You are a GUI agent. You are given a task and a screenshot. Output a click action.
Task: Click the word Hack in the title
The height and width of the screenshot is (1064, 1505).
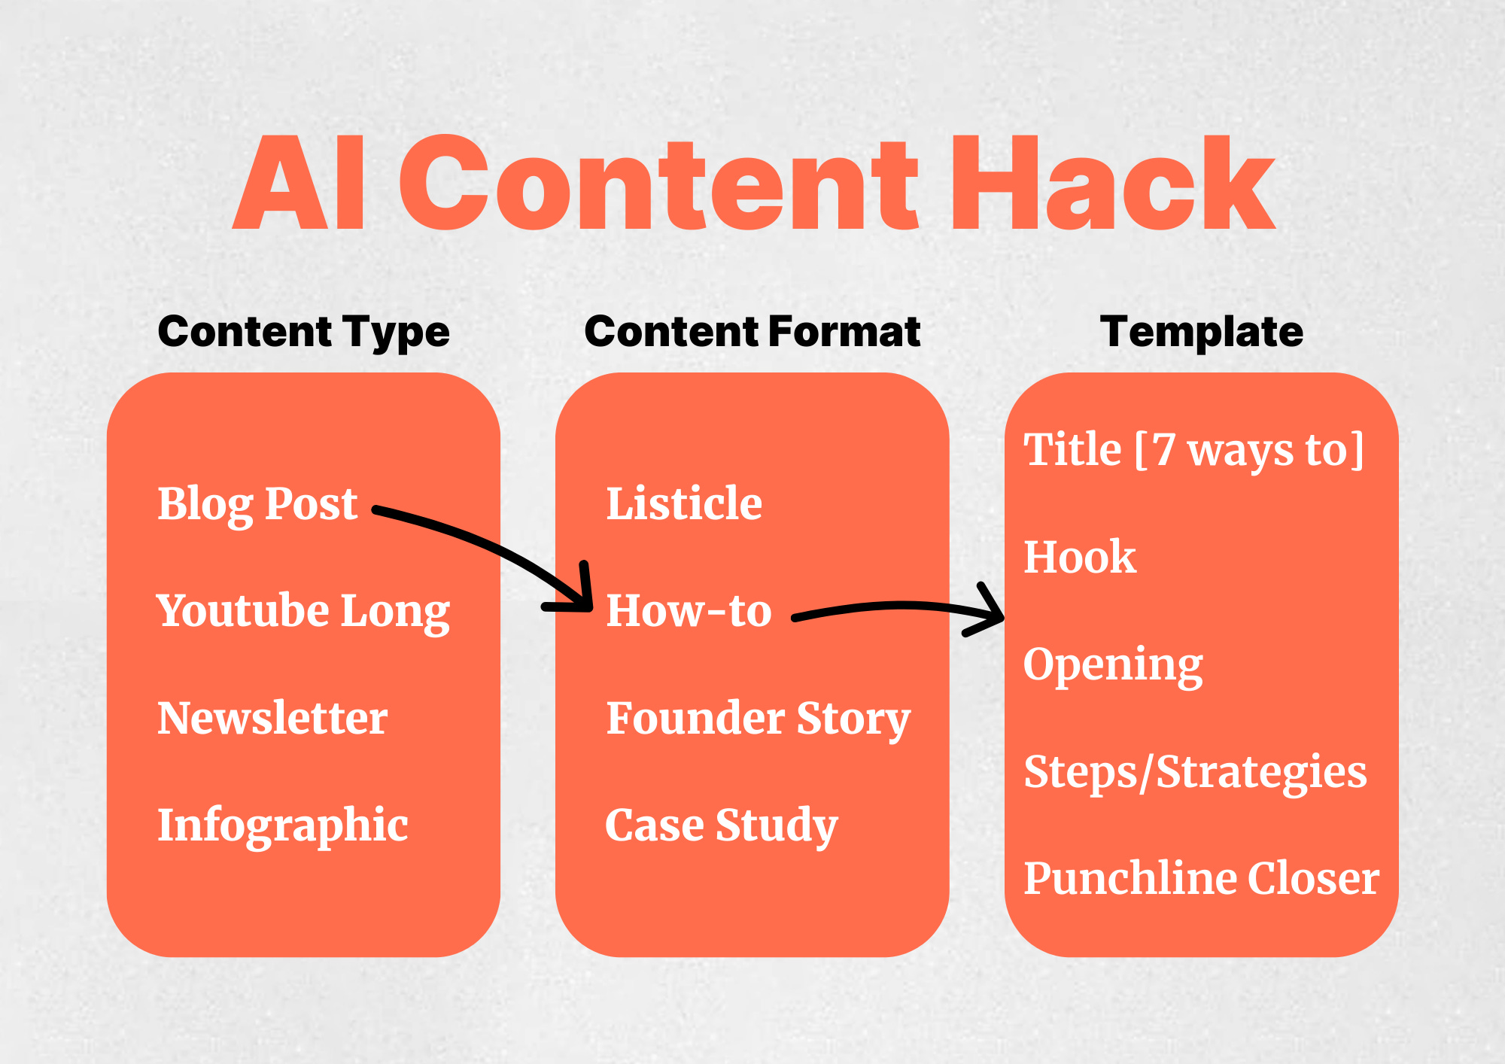pyautogui.click(x=1112, y=184)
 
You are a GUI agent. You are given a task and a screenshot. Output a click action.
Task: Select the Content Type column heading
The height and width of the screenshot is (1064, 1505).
pyautogui.click(x=303, y=332)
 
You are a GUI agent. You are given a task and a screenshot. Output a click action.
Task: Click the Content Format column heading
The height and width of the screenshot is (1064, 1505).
pyautogui.click(x=752, y=332)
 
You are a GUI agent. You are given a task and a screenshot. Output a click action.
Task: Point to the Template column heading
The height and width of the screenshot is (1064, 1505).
pyautogui.click(x=1201, y=332)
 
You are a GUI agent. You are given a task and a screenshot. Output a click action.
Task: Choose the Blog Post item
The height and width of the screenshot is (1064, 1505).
pyautogui.click(x=257, y=503)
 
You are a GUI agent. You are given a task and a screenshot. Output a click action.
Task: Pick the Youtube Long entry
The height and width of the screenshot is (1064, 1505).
pyautogui.click(x=303, y=610)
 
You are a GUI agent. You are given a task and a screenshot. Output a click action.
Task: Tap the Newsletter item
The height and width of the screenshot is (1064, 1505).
pyautogui.click(x=272, y=718)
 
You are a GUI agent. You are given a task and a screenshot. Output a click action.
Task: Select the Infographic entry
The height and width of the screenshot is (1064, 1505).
pyautogui.click(x=282, y=825)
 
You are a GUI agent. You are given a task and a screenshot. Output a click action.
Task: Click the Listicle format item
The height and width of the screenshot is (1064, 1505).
pyautogui.click(x=684, y=503)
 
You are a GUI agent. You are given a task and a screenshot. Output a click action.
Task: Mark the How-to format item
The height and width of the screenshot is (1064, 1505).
pyautogui.click(x=689, y=610)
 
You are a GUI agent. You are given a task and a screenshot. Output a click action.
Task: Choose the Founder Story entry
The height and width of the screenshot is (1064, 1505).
pyautogui.click(x=758, y=718)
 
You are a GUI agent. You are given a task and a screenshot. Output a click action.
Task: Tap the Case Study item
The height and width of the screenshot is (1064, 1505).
pyautogui.click(x=721, y=825)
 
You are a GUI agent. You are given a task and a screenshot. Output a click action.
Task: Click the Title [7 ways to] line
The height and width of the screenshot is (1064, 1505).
pyautogui.click(x=1193, y=450)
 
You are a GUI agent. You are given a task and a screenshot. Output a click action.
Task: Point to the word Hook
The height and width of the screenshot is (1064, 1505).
pyautogui.click(x=1080, y=557)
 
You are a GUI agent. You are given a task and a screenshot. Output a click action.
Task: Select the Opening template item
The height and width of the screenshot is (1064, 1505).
pyautogui.click(x=1113, y=664)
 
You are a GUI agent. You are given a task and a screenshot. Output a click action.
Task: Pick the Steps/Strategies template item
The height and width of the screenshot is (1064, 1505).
pyautogui.click(x=1195, y=772)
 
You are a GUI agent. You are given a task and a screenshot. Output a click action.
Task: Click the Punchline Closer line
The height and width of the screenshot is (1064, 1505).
pyautogui.click(x=1201, y=878)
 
